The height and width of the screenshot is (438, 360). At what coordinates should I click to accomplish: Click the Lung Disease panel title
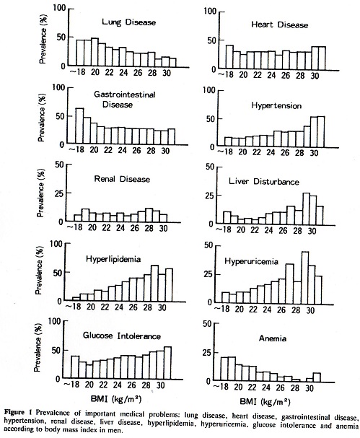(128, 22)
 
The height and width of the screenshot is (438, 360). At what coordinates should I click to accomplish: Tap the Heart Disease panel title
(280, 25)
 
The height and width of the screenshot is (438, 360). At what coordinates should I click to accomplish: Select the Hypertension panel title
(276, 105)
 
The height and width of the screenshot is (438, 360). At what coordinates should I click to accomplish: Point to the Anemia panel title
(272, 338)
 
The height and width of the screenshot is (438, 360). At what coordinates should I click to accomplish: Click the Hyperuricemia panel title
(251, 261)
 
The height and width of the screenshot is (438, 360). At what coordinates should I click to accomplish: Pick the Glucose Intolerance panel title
(121, 336)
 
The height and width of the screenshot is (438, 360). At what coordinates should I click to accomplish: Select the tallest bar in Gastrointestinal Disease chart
(79, 126)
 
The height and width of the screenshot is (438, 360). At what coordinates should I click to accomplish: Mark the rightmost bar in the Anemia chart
(317, 377)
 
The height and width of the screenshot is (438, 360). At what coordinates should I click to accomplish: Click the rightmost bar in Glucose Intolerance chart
(167, 363)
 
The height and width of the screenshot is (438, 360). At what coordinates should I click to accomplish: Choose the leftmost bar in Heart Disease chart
(229, 58)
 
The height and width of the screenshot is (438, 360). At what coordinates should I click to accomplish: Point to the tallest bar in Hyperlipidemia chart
(154, 283)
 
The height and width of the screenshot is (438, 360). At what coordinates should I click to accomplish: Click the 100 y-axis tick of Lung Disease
(59, 8)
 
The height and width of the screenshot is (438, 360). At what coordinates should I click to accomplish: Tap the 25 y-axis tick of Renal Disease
(59, 193)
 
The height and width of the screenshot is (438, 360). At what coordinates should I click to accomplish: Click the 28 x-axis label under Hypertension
(299, 152)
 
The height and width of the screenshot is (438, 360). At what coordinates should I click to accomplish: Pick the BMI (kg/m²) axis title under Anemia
(265, 402)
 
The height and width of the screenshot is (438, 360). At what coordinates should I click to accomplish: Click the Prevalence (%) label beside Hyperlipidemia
(38, 271)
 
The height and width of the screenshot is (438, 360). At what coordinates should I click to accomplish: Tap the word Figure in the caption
(14, 412)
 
